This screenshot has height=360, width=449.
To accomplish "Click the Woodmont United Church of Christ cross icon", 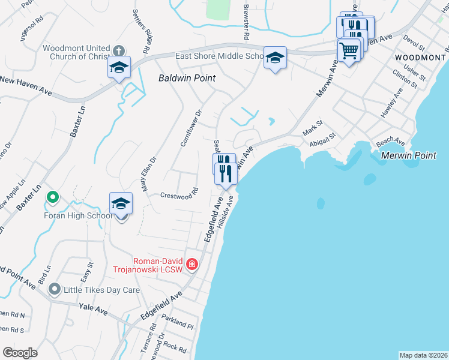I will click(x=119, y=50).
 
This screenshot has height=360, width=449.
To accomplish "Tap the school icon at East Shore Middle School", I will click(x=275, y=58).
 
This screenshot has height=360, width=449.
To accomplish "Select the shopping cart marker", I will click(x=349, y=49).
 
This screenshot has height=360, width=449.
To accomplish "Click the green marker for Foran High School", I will click(x=53, y=196).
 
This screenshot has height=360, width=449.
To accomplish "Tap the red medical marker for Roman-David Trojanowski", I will click(x=191, y=265).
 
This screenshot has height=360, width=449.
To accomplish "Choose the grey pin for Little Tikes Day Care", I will click(x=55, y=290).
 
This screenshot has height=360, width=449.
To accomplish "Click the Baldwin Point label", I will click(x=187, y=78).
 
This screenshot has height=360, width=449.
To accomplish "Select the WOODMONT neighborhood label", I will click(x=420, y=57).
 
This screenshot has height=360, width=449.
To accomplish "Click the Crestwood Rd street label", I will click(x=179, y=195).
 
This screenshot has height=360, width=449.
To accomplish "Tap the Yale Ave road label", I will click(x=93, y=310).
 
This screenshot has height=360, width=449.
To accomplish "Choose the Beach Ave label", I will click(x=390, y=141).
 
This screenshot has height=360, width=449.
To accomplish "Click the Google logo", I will click(x=20, y=353).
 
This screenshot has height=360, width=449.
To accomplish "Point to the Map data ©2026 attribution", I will click(x=423, y=355).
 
